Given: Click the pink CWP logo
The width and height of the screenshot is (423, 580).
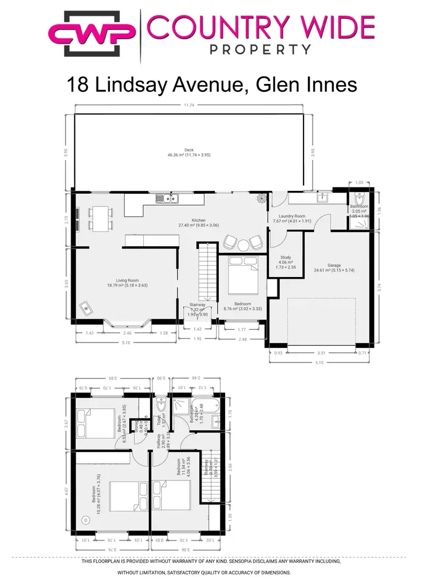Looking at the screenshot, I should point(92,34).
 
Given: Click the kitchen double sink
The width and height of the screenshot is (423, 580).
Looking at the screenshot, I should point(168,198).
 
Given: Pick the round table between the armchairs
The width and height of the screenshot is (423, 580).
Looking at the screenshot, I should point(243,245).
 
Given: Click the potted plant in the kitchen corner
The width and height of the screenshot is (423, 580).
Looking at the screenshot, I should point(262,198).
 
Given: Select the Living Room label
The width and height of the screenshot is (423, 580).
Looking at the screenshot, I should point(127,280).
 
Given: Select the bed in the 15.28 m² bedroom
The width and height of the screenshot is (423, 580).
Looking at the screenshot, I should point(127,496).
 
